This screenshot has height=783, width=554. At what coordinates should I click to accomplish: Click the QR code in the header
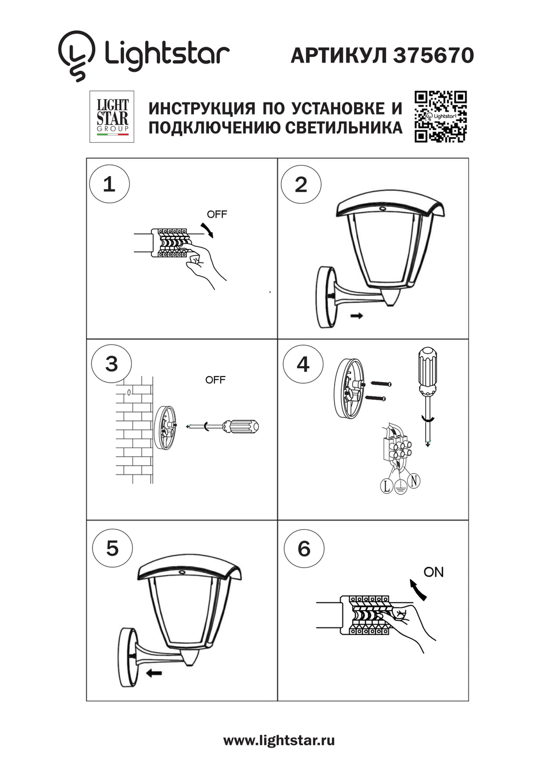click(x=440, y=117)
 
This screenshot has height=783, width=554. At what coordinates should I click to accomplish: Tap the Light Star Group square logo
click(x=112, y=117)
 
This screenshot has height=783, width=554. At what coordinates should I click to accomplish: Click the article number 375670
click(x=434, y=55)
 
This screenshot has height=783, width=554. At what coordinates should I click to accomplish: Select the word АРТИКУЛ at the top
click(x=338, y=55)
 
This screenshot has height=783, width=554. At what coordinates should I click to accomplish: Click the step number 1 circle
click(x=109, y=184)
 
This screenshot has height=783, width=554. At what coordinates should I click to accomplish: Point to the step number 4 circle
click(x=303, y=364)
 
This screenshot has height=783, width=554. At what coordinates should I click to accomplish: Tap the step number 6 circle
click(x=304, y=548)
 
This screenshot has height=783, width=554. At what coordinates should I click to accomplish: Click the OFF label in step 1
click(x=217, y=214)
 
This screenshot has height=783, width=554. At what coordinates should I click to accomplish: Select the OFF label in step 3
click(x=215, y=380)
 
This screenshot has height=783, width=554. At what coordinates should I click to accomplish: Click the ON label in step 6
click(x=433, y=572)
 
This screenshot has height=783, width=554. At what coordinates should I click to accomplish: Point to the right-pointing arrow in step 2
click(x=357, y=316)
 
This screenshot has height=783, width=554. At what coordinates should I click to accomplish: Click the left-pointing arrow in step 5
click(x=153, y=673)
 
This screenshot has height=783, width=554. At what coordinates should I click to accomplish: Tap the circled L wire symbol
click(x=386, y=486)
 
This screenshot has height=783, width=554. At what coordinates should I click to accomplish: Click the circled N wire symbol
click(x=413, y=481)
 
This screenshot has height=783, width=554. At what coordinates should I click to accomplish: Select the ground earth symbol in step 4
click(x=400, y=487)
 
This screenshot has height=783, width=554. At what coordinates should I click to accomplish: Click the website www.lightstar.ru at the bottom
click(x=279, y=740)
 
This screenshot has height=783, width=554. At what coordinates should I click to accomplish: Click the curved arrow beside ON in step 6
click(x=418, y=590)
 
